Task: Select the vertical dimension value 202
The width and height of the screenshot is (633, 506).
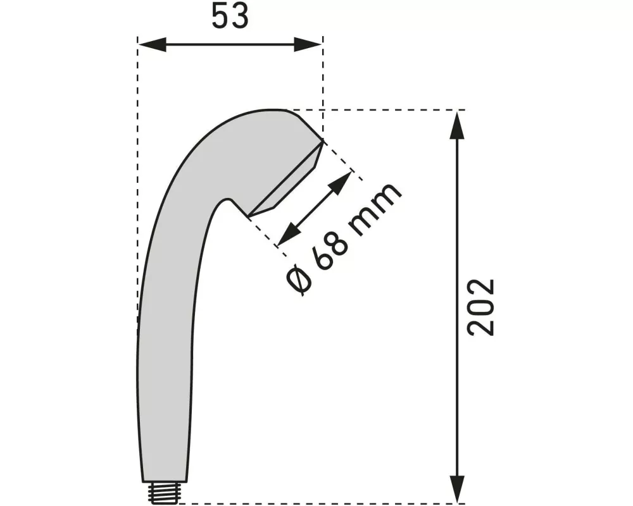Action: pos(481,307)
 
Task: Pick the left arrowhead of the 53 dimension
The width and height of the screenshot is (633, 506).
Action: pos(151,45)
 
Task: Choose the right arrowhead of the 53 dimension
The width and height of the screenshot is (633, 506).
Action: pos(310,45)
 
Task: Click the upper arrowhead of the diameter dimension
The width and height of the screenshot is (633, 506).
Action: pos(342,182)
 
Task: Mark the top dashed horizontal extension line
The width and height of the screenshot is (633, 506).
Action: pos(380,110)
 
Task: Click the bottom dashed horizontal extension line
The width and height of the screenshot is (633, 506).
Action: pos(316,504)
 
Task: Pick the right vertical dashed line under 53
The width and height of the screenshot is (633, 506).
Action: pos(323,89)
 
